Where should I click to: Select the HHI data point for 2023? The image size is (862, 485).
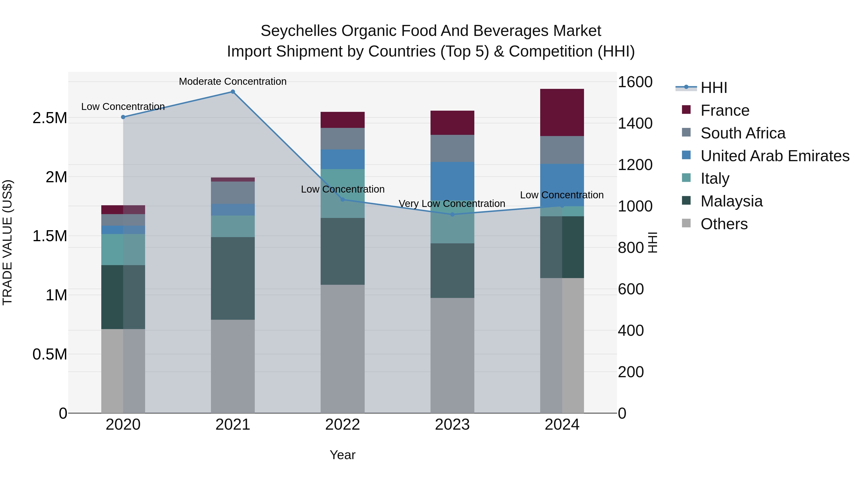[452, 214]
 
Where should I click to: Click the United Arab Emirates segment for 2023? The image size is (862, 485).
[452, 181]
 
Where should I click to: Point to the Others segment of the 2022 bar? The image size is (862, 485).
[342, 349]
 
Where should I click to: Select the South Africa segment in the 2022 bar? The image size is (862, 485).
[342, 139]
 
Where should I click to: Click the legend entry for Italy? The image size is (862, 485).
[715, 178]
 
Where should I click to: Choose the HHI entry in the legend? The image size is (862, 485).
[714, 88]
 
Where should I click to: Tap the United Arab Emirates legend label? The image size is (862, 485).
[775, 156]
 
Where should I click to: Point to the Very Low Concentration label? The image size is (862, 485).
[452, 204]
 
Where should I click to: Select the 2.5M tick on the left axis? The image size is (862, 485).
[50, 118]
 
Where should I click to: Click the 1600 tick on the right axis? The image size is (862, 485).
[635, 82]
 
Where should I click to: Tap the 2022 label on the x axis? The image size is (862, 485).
[342, 425]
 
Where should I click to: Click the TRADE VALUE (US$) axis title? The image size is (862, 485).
[7, 242]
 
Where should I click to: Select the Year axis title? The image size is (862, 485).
[342, 455]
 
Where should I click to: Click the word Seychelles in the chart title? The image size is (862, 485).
[299, 31]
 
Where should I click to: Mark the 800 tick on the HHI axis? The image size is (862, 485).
[630, 248]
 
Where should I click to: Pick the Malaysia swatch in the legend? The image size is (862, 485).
[686, 201]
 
